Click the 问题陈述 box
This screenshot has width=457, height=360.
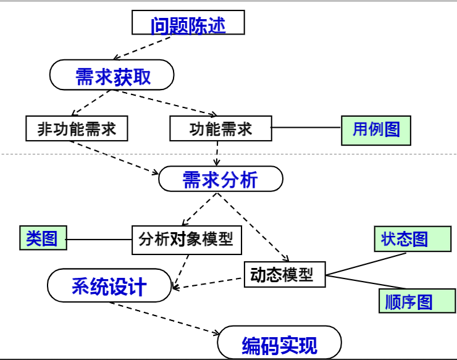188,24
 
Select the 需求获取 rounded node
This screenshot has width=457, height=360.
112,77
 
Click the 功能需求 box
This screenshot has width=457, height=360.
220,128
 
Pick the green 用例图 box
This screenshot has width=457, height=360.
375,129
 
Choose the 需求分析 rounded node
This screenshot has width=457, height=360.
220,179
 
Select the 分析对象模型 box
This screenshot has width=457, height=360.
186,239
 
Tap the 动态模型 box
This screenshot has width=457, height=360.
285,274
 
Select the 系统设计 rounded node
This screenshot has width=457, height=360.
109,286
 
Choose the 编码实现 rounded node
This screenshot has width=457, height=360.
280,343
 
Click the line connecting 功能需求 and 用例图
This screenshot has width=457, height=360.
306,128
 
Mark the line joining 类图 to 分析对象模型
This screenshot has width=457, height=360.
99,239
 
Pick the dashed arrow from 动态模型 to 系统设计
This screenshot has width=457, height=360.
210,283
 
